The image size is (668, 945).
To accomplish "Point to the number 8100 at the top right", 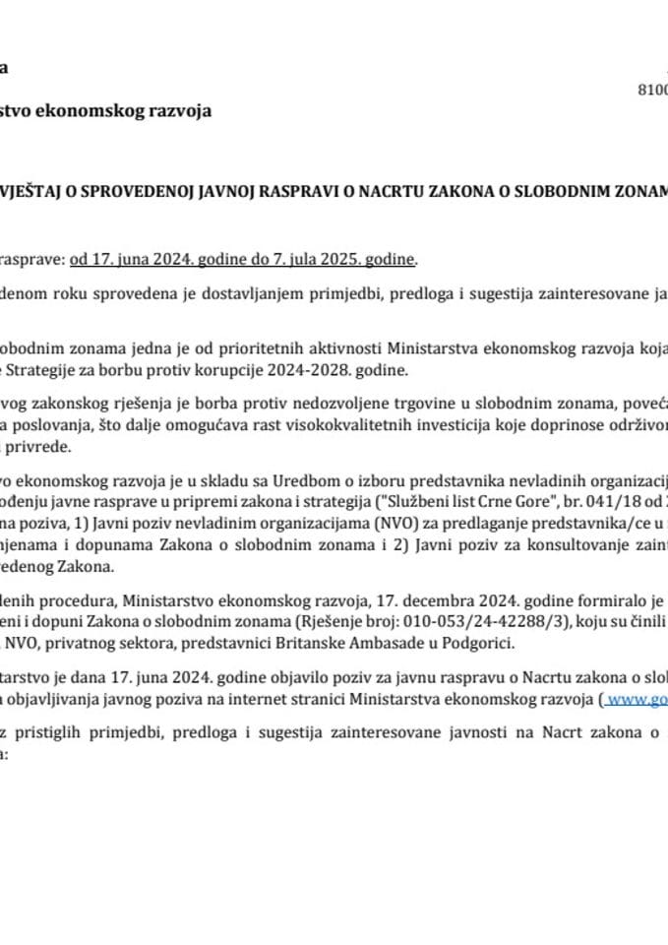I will (653, 90).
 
